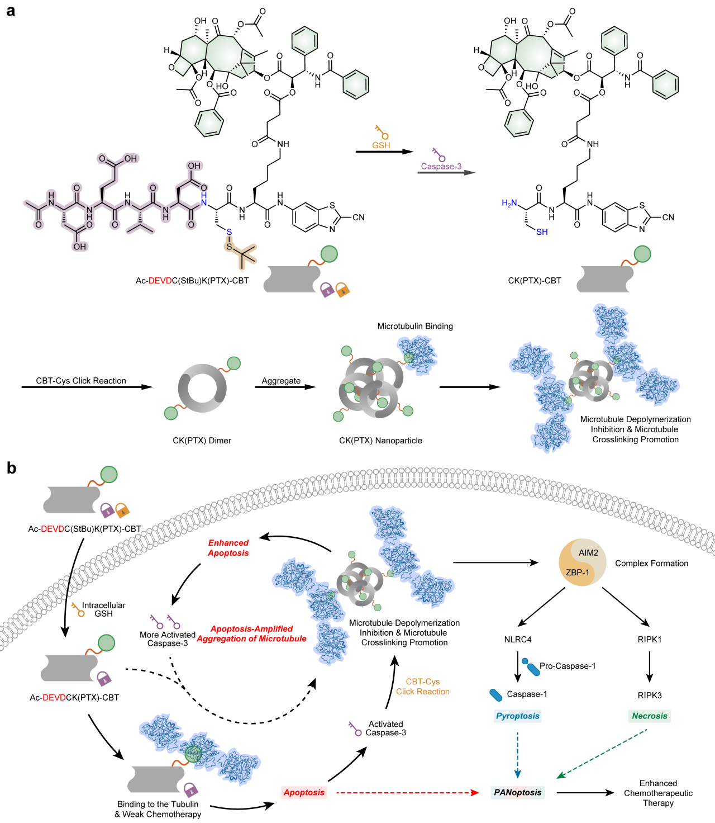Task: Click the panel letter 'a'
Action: coord(11,10)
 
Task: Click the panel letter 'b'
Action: coord(11,468)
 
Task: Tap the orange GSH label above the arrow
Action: coord(381,145)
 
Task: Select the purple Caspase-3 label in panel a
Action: coord(441,166)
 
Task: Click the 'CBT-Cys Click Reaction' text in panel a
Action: coord(81,381)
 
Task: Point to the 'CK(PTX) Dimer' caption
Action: coord(202,441)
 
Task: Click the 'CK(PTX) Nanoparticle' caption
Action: coord(380,441)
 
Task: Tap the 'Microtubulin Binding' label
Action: coord(415,326)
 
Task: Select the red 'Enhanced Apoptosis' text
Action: coord(228,548)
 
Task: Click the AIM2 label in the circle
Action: coord(588,553)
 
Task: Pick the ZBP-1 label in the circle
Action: coord(577,573)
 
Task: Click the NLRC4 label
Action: coord(518,640)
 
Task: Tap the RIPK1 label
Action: coord(650,640)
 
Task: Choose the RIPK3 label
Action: coord(650,696)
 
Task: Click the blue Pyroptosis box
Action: coord(518,716)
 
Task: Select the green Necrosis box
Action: coord(650,716)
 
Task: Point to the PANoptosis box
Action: coord(518,792)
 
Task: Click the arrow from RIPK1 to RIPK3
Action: coord(650,667)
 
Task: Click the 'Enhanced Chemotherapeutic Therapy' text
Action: coord(658,793)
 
